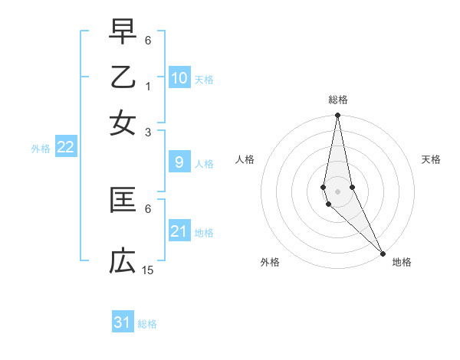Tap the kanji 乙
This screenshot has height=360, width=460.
click(123, 77)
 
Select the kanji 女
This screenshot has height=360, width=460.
click(123, 123)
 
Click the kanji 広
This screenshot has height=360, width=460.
click(123, 261)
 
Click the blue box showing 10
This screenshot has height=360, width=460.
click(179, 78)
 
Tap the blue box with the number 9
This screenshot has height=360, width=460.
click(179, 162)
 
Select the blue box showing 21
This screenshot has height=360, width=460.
click(179, 231)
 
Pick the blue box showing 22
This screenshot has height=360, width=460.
click(65, 147)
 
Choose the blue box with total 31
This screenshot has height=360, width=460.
click(123, 322)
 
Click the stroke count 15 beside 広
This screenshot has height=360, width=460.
click(148, 270)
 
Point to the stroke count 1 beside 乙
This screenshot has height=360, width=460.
click(148, 86)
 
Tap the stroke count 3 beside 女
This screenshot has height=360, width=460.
click(148, 132)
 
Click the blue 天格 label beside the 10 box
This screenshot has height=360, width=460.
click(204, 80)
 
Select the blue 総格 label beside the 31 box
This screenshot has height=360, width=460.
click(147, 324)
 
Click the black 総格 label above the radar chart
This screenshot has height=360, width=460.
click(338, 100)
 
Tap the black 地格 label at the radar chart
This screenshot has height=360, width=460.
click(402, 262)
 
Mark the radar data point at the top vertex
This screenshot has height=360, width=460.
click(337, 116)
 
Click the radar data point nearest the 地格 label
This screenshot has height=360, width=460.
click(383, 253)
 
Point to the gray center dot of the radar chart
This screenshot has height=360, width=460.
click(337, 191)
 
